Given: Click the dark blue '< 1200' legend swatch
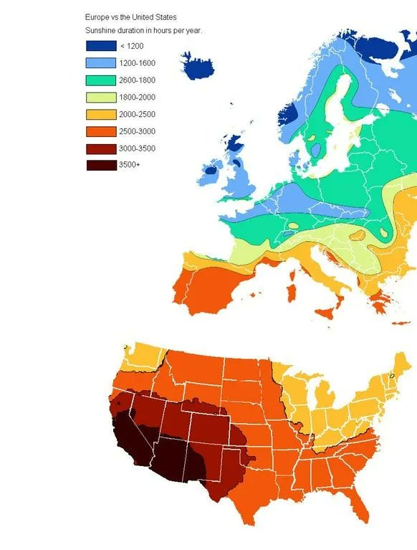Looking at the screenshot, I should click(101, 46).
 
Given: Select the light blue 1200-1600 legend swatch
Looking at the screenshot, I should click(101, 63).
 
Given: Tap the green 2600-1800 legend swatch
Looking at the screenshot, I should click(101, 80).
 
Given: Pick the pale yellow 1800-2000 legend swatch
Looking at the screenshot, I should click(101, 98).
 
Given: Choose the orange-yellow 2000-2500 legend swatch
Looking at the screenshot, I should click(101, 115).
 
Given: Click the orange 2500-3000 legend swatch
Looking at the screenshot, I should click(101, 131).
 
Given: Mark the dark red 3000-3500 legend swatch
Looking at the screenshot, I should click(101, 148).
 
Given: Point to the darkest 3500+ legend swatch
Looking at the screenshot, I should click(101, 166).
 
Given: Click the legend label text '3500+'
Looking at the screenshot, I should click(130, 166).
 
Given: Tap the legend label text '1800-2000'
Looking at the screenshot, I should click(137, 98).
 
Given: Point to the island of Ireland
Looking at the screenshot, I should click(211, 172).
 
